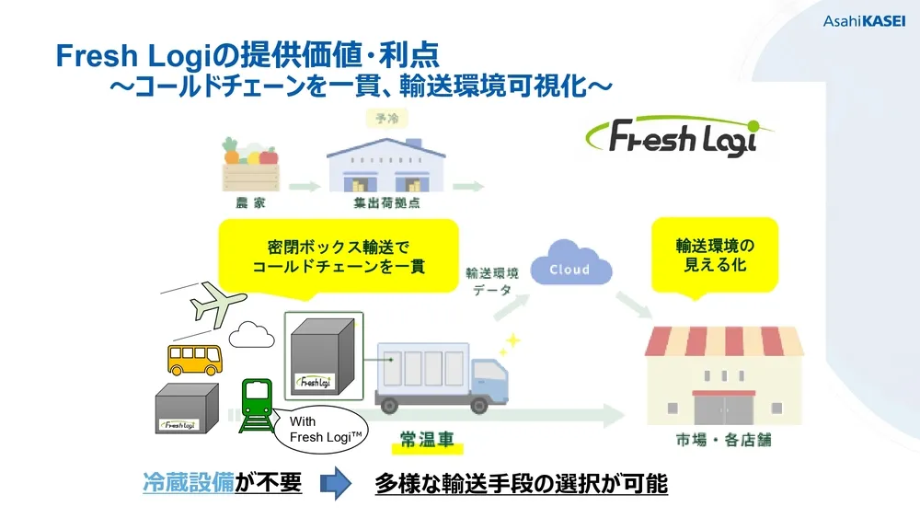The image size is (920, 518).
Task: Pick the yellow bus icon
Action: pos(194,358)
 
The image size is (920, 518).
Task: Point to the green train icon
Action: pos(257,404)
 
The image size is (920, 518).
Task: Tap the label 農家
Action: pos(249,200)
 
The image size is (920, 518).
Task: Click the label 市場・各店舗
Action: pos(724,440)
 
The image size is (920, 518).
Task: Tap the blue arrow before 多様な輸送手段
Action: pos(337,483)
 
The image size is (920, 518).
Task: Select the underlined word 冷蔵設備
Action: pos(188,483)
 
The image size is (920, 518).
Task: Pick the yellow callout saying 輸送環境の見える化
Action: pos(713,254)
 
